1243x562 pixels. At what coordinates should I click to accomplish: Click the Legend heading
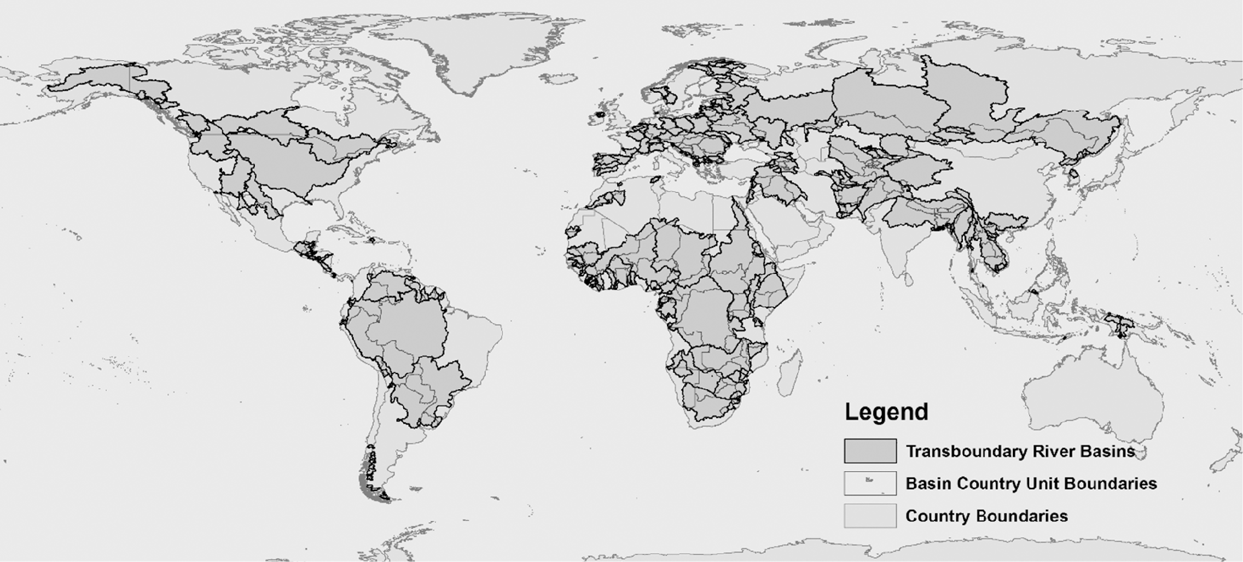pos(886,412)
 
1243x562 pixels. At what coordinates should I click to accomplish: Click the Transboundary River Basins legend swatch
pos(870,451)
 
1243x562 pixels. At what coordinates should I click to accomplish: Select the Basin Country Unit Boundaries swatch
pos(870,483)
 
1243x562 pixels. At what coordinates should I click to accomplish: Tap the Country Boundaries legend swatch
pos(870,516)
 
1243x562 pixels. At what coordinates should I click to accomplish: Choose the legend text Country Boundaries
pos(986,516)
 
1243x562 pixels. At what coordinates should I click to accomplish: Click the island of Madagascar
pos(791,372)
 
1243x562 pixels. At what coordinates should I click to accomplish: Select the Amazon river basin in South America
pos(405,328)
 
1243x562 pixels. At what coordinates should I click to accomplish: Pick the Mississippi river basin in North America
pos(290,164)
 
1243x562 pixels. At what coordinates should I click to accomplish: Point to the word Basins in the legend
pos(1106,452)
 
